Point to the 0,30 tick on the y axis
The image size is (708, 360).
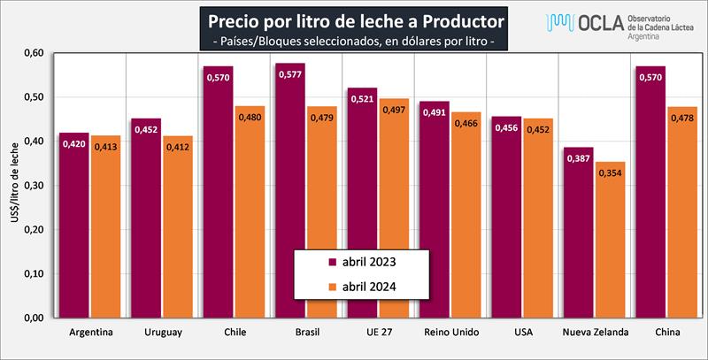coord(32,185)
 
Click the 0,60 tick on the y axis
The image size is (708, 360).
coord(32,52)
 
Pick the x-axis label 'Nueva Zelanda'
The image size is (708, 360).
coord(595,333)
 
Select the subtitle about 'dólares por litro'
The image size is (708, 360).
coord(354,42)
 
